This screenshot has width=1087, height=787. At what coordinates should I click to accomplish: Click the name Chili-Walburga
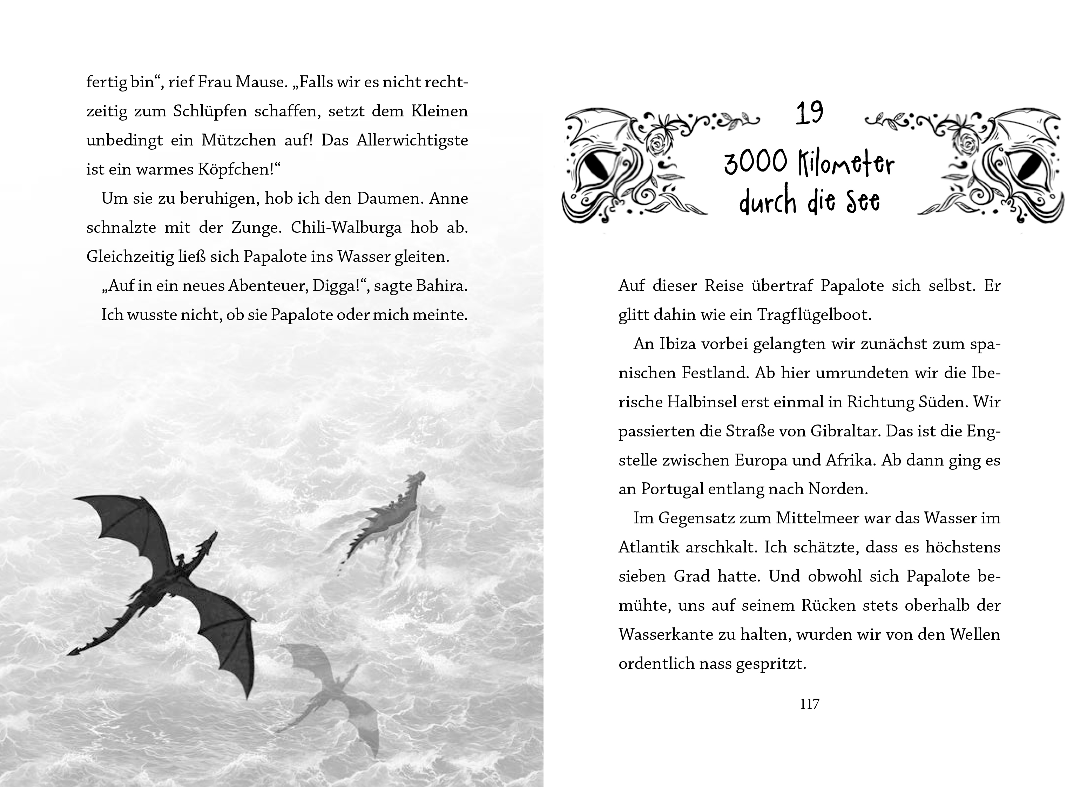pos(346,227)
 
